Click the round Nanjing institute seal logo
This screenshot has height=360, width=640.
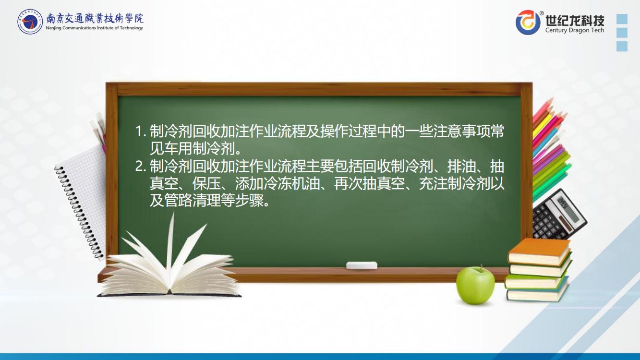[x=30, y=22]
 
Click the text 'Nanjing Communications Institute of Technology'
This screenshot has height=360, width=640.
[x=94, y=28]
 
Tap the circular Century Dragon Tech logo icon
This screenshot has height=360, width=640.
[x=528, y=22]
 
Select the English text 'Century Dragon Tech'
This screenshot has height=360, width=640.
[x=575, y=30]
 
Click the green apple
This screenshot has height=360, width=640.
[x=475, y=285]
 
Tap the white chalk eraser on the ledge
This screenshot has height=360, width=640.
[x=362, y=265]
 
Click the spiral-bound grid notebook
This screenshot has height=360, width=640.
[x=82, y=200]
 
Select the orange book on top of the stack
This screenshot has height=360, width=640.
[x=539, y=252]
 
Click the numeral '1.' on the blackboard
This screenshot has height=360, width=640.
[x=141, y=132]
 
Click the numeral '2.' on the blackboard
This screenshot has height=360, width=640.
[x=141, y=167]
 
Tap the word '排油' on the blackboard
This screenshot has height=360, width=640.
[x=461, y=166]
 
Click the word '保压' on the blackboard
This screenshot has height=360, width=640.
[x=206, y=184]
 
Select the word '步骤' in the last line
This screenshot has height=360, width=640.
[x=249, y=201]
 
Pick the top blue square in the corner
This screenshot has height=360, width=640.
[x=622, y=19]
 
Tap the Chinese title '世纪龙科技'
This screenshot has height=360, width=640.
[x=575, y=20]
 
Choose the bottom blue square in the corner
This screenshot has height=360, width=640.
[x=622, y=46]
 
